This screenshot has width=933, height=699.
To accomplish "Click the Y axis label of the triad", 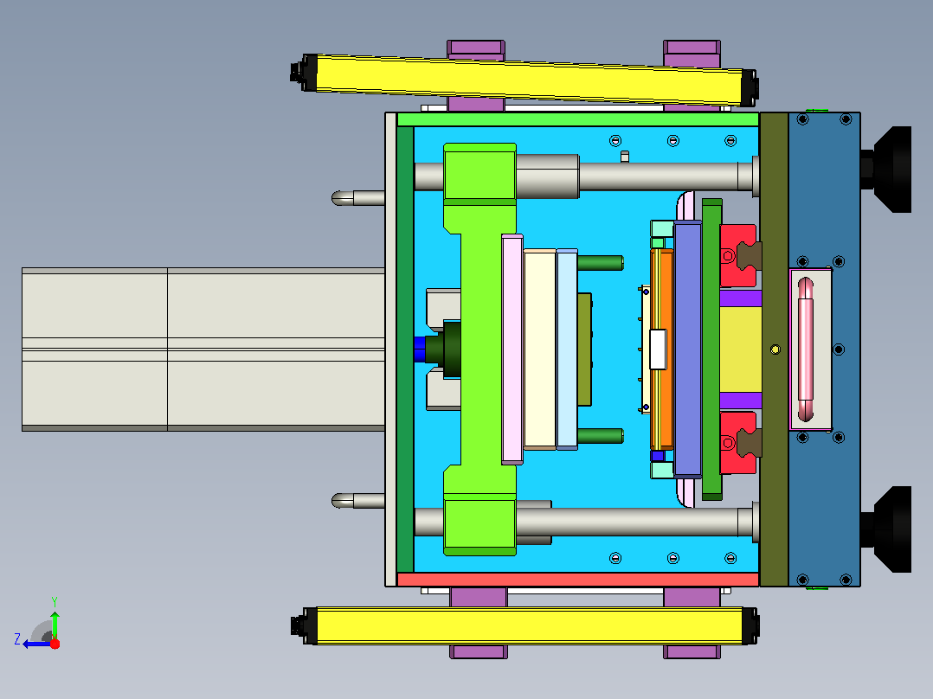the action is pos(55,601).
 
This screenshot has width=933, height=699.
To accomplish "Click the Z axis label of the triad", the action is pos(17,639).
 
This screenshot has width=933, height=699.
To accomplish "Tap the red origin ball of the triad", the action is pos(55,644).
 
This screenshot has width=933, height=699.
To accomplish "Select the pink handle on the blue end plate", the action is pos(805,349).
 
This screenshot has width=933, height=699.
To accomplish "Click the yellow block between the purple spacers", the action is pos(740,349).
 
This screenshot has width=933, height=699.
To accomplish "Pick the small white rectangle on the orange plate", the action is pos(658,349).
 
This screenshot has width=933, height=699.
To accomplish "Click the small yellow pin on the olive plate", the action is pos(775,349).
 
